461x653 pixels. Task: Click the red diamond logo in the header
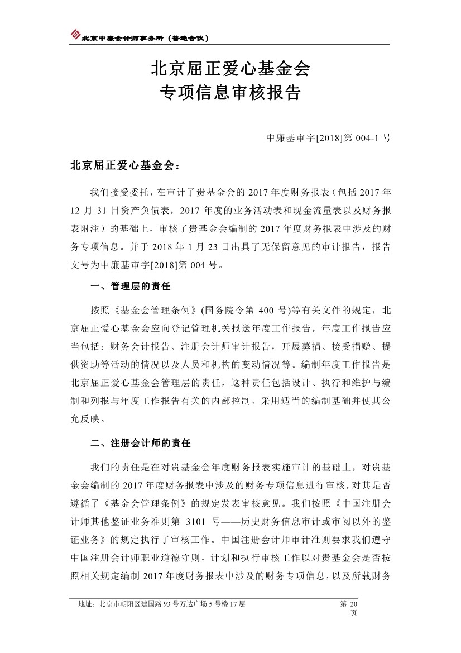[x=75, y=35]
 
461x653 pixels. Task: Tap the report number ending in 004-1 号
[x=329, y=137]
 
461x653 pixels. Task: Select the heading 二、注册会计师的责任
[x=140, y=444]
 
